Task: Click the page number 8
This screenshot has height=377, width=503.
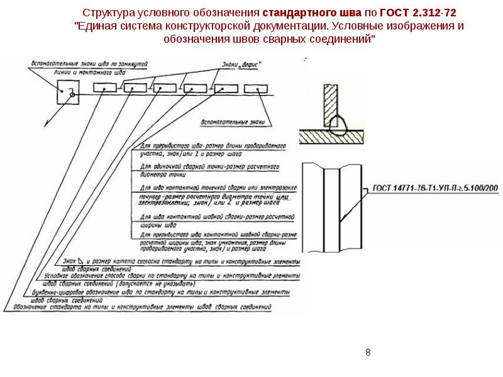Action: [368, 352]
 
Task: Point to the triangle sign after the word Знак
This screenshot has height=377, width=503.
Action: [82, 260]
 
